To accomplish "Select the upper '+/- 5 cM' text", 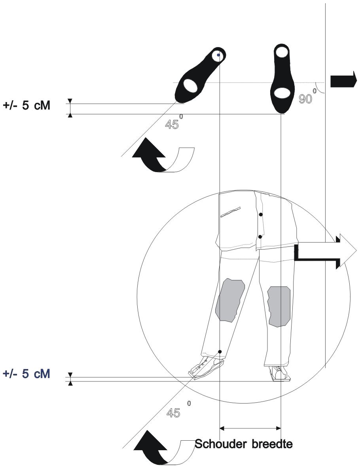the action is (27, 105).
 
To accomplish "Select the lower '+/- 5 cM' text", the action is (27, 373).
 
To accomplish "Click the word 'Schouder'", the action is (221, 444).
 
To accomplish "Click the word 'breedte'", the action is (272, 444).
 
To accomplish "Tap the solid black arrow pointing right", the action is (343, 80).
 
